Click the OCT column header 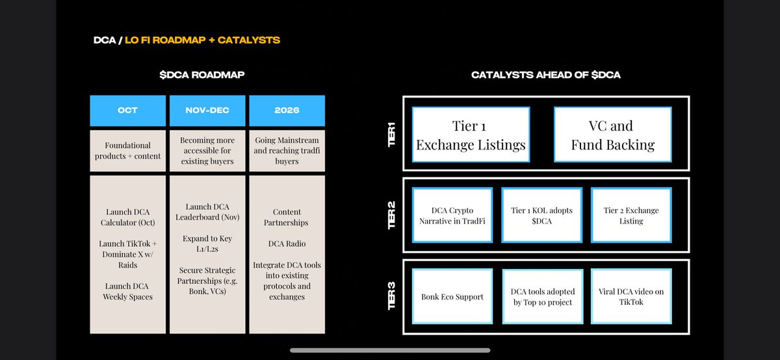(x=128, y=110)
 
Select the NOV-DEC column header (x=207, y=110)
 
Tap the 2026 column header (x=287, y=110)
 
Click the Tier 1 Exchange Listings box (x=471, y=135)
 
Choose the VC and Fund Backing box (x=612, y=135)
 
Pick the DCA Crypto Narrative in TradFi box (x=453, y=215)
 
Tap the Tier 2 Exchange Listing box (x=630, y=215)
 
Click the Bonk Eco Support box (x=453, y=296)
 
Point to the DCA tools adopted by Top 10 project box (x=541, y=296)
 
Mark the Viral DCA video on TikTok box (x=630, y=296)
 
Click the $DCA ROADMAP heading (x=201, y=75)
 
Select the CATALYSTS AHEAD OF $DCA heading (x=546, y=75)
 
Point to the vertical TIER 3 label (x=392, y=296)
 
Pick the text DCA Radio (x=287, y=244)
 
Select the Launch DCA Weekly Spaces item (x=128, y=292)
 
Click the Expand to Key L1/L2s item (x=207, y=244)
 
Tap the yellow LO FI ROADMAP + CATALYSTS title (x=203, y=40)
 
